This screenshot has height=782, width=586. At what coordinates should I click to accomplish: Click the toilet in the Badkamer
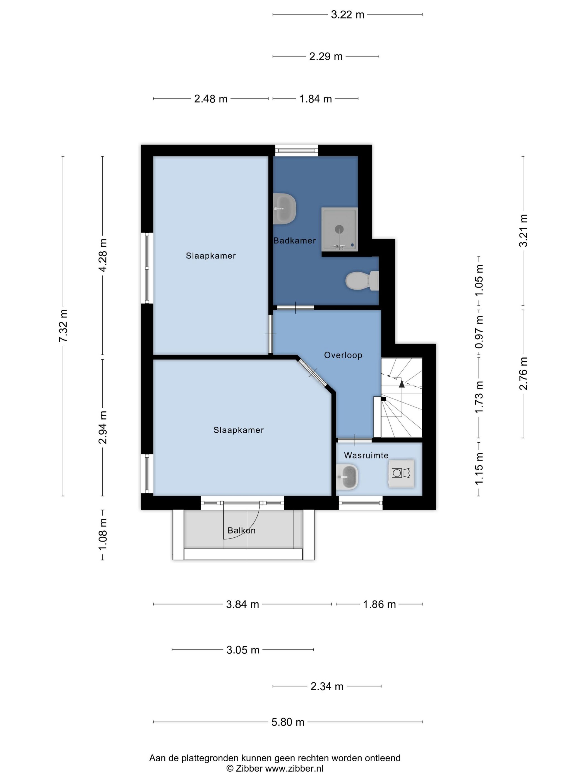362,281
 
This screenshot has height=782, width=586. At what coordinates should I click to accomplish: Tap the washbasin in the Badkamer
284,209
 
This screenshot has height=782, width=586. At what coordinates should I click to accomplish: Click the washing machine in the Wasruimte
401,473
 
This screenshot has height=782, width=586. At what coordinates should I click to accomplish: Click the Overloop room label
343,355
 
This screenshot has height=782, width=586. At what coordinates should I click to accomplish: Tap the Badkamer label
295,241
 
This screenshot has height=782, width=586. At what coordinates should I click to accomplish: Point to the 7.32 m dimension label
63,326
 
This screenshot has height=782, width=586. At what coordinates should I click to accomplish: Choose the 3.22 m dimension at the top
348,15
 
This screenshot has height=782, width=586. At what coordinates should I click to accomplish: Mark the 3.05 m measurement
243,650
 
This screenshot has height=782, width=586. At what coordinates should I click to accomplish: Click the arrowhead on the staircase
401,383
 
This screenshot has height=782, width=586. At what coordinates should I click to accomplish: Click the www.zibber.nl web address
294,768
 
